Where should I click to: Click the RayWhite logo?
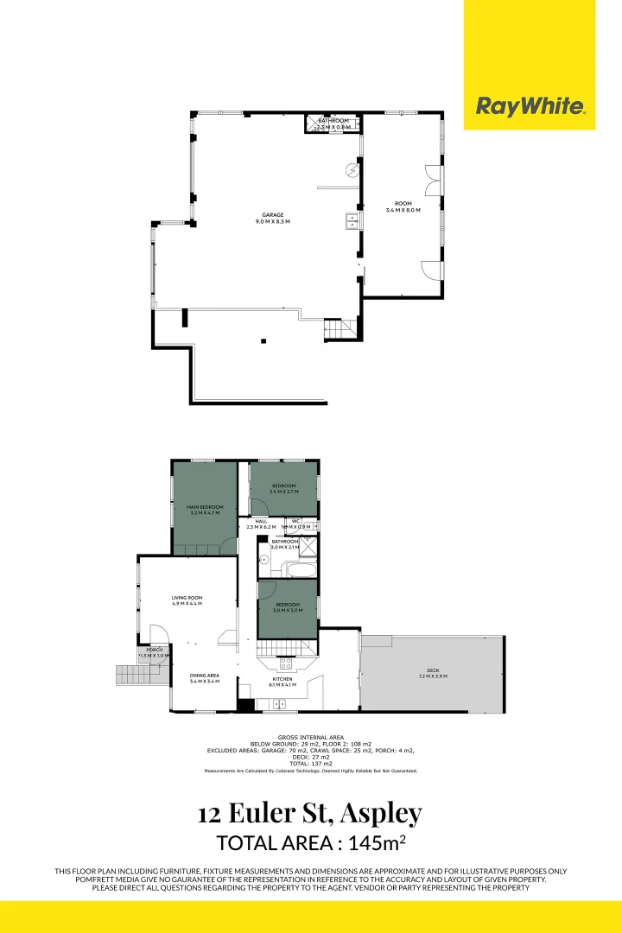coord(530,106)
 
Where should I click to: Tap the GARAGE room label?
coord(273,219)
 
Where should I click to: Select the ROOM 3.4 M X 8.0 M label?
coord(402,206)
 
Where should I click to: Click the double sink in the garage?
coord(352,222)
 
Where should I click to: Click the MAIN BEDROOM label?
coord(205,510)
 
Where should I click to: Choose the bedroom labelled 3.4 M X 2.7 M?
coord(284,488)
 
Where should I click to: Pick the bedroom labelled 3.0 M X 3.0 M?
coord(288,606)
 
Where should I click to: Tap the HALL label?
coord(261,524)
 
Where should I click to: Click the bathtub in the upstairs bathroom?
coord(299,570)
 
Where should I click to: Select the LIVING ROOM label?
coord(187,600)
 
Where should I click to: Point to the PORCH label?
coord(155,652)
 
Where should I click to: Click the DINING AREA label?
coord(205,678)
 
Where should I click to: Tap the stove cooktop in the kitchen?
coord(284,663)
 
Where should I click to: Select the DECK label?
coord(432,674)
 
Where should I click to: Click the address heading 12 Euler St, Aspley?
coord(310,814)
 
